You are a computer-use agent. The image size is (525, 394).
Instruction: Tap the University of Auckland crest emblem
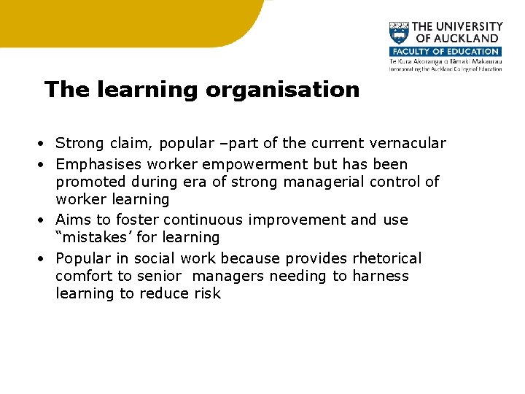click(x=399, y=34)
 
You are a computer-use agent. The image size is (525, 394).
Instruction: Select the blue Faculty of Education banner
click(x=445, y=52)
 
